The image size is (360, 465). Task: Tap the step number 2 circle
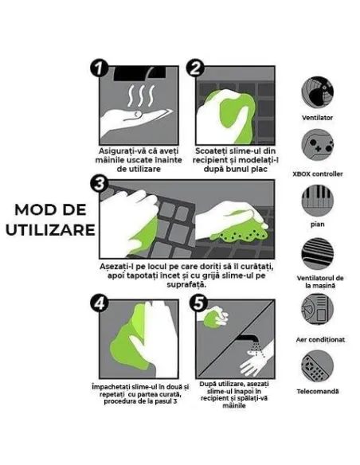coord(195,68)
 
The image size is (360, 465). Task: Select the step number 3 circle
coord(99,185)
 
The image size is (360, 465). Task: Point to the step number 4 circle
coord(99,303)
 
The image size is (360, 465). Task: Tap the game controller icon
coord(318,147)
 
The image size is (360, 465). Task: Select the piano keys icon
coord(318,201)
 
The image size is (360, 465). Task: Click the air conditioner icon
coord(318,310)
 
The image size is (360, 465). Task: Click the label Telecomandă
coord(318,391)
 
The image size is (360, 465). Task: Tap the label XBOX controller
coord(318,173)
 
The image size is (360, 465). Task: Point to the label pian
coord(318,225)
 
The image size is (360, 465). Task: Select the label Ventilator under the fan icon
coord(318,117)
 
